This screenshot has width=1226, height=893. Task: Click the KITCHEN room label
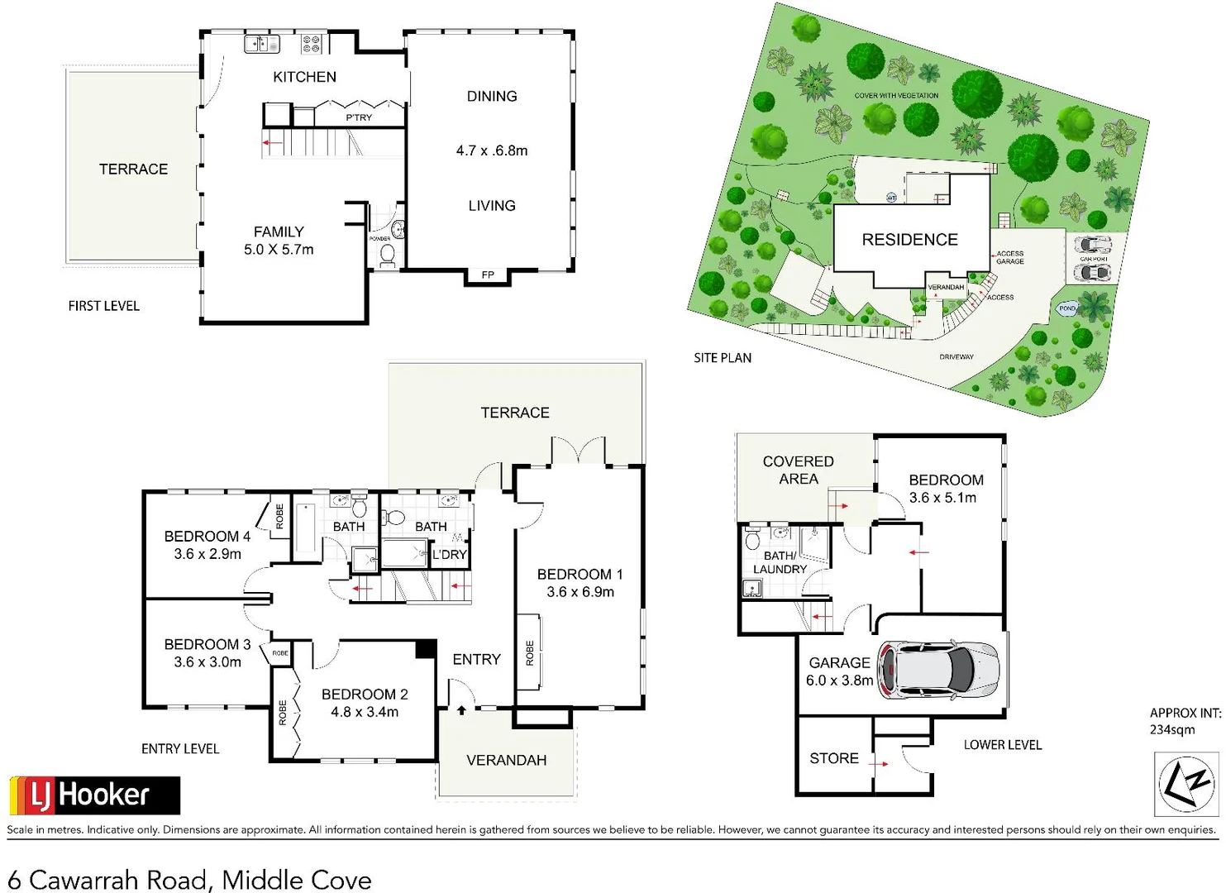[304, 77]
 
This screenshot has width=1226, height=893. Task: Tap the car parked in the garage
[938, 668]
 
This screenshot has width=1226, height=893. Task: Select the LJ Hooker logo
[94, 795]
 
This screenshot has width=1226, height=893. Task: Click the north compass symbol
[1185, 784]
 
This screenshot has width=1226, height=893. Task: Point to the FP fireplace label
[488, 275]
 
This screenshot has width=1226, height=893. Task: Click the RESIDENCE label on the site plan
[909, 240]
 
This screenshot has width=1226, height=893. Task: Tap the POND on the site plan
[1067, 308]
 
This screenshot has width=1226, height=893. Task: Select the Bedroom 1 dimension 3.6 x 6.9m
[580, 592]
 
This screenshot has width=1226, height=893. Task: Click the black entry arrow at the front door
[461, 709]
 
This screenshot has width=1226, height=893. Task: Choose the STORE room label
[833, 758]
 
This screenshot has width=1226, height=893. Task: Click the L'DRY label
[450, 555]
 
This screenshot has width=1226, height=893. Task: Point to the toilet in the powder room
[387, 254]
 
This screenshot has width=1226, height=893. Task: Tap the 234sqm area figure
[1171, 729]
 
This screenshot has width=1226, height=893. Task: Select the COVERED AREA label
[798, 470]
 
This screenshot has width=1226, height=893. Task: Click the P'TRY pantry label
[359, 117]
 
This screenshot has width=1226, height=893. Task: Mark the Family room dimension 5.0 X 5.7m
[279, 250]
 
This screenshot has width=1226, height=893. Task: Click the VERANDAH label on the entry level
[506, 760]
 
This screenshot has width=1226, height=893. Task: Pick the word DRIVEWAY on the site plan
[956, 357]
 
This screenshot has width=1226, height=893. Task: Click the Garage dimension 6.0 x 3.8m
[839, 680]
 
